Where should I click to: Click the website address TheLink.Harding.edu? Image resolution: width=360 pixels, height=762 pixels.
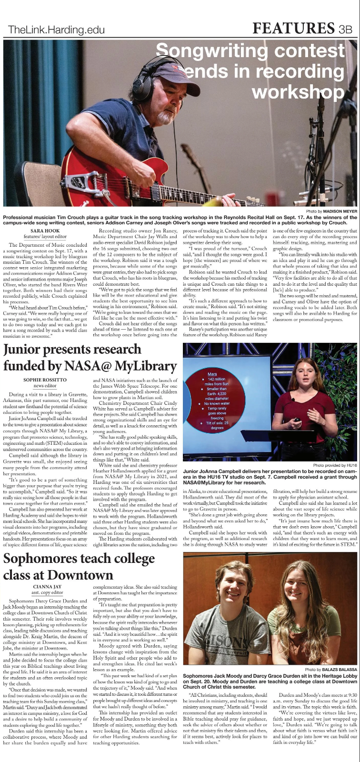click(56, 30)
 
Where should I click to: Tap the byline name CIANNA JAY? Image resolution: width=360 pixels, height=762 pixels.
click(47, 587)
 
